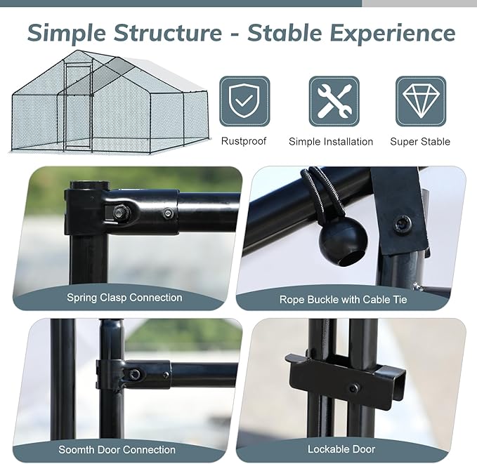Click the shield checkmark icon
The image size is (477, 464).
pyautogui.click(x=244, y=101)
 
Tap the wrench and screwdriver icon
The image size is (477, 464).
pyautogui.click(x=334, y=101)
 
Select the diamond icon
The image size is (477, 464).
pyautogui.click(x=420, y=101)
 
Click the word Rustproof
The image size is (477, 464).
pyautogui.click(x=244, y=141)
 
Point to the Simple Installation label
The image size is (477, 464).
pyautogui.click(x=331, y=142)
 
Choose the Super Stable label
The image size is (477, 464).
pyautogui.click(x=420, y=142)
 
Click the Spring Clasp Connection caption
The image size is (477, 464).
pyautogui.click(x=124, y=298)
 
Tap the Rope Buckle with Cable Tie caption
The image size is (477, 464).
pyautogui.click(x=343, y=300)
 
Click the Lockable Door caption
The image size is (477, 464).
pyautogui.click(x=341, y=449)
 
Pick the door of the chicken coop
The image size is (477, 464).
pyautogui.click(x=78, y=105)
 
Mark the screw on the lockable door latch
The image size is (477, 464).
pyautogui.click(x=355, y=387)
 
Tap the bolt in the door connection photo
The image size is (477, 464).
pyautogui.click(x=134, y=374)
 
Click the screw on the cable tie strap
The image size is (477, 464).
pyautogui.click(x=403, y=224)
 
